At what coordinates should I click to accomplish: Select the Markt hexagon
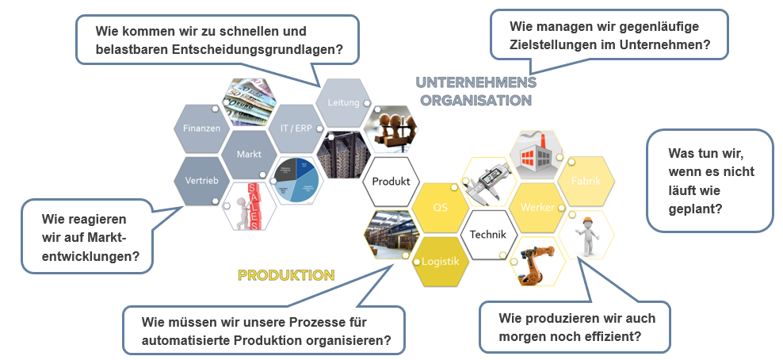pos(249,154)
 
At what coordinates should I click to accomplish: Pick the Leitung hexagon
pos(344,103)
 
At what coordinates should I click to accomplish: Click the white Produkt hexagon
pos(391,181)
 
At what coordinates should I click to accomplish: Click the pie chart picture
pos(297,180)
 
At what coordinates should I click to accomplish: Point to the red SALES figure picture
pos(249,205)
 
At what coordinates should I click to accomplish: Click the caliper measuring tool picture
pos(489,181)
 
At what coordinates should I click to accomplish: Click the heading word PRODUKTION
pos(286,275)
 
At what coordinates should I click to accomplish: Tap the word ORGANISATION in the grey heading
pos(476,100)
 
